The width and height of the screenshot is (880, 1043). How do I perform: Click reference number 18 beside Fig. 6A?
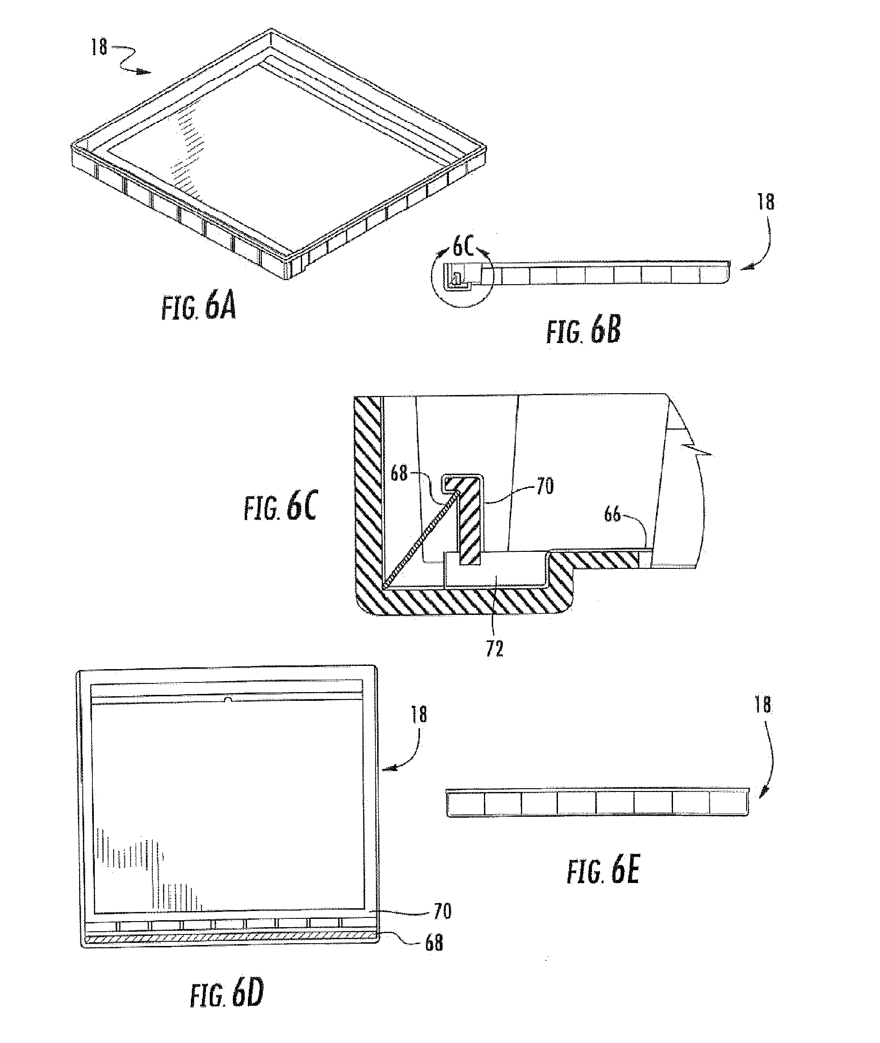(99, 47)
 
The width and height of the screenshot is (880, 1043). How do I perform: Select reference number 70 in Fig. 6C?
(545, 485)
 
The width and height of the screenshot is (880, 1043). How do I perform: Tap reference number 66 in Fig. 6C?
(612, 514)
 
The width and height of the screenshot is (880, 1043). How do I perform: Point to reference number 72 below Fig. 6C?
(495, 648)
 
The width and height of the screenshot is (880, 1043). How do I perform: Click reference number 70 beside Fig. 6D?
(443, 911)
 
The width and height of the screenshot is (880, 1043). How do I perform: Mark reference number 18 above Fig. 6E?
(763, 705)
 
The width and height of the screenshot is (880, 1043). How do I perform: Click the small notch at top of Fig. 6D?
(228, 700)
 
